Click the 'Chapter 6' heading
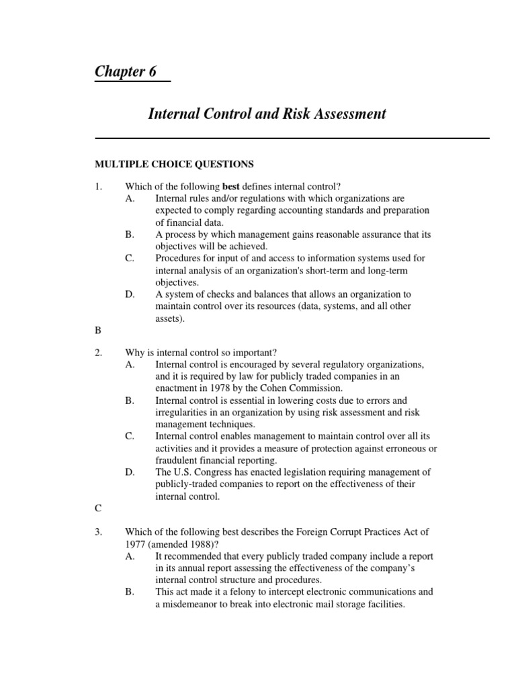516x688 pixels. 126,72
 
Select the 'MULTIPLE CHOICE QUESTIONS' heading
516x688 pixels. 174,163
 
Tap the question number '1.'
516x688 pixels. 99,186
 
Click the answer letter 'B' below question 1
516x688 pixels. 98,331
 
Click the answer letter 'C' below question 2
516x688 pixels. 98,509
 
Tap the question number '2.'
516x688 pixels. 99,352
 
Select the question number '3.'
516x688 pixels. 99,531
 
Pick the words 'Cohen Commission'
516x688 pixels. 304,388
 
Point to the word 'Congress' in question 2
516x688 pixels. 210,472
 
